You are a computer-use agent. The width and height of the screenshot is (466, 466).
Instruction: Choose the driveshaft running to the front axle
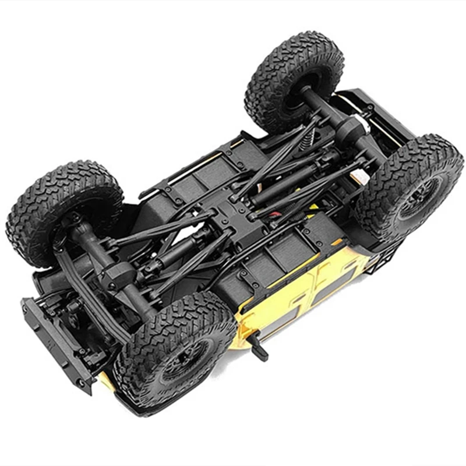coord(175,250)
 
